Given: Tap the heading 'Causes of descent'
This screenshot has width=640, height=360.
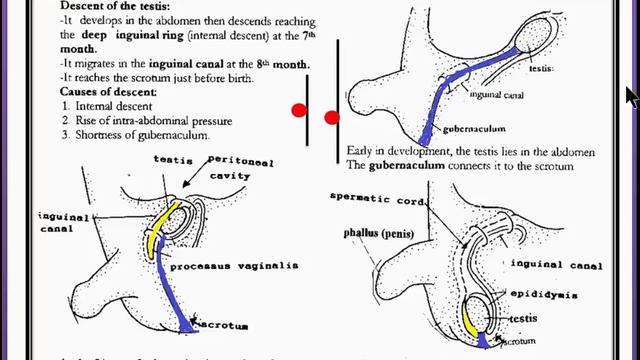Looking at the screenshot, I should pos(75,92).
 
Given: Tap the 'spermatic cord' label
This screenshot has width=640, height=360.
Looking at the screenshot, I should pos(372,196).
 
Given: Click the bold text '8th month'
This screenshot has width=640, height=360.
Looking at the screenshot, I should pos(280,64).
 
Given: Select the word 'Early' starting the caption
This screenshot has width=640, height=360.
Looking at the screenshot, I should pos(360,151).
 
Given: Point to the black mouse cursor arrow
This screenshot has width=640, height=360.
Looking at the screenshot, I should pos(630,95).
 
